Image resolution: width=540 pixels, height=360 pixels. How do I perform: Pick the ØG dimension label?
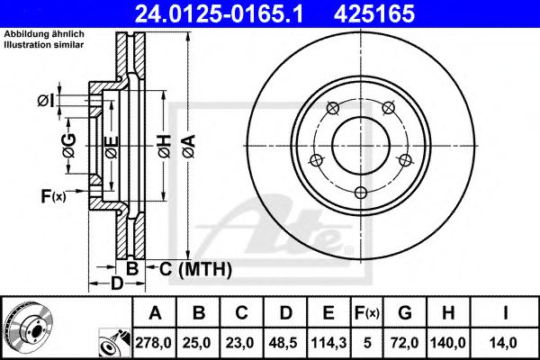point(68,142)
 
